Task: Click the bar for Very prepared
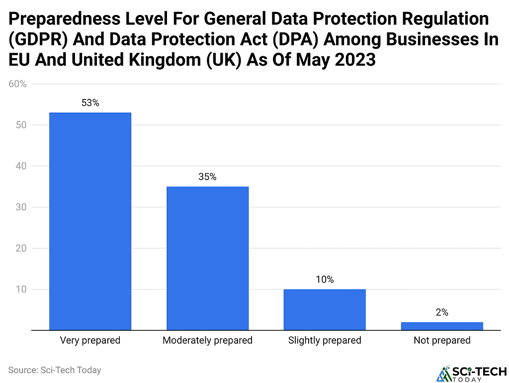tap(90, 221)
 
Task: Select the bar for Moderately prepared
tap(207, 258)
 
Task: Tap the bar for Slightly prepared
tap(325, 309)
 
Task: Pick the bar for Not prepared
tap(442, 326)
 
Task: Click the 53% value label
tap(90, 103)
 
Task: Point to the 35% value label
tap(207, 177)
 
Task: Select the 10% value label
tap(325, 280)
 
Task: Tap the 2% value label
tap(442, 312)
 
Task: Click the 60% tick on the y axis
tap(17, 84)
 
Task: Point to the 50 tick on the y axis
tap(20, 125)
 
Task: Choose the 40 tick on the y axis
tap(20, 166)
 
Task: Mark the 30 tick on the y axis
tap(20, 207)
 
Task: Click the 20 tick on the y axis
tap(20, 248)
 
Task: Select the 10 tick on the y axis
tap(20, 289)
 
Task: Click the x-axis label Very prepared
tap(90, 341)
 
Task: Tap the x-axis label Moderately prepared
tap(207, 341)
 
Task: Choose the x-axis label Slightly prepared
tap(325, 341)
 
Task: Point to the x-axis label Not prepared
tap(442, 341)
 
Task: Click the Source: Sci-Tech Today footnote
tap(55, 370)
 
